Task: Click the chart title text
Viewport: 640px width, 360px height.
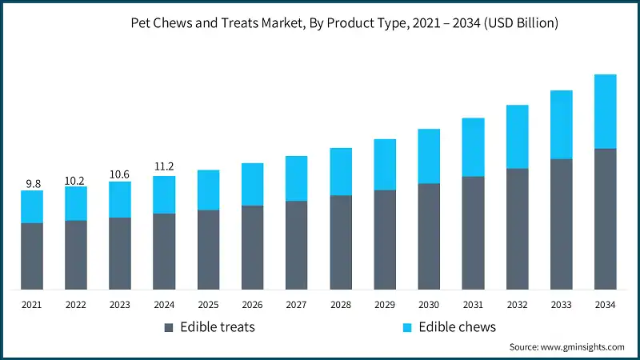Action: [x=344, y=24]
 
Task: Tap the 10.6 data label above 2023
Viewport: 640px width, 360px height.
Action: [x=120, y=174]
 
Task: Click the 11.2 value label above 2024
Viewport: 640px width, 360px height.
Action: [x=164, y=167]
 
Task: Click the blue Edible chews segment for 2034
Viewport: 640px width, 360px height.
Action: [x=605, y=111]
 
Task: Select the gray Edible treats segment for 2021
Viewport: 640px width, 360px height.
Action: [x=32, y=256]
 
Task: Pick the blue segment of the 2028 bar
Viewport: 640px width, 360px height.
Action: [x=341, y=171]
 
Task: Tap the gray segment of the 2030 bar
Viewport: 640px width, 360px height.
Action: [x=429, y=236]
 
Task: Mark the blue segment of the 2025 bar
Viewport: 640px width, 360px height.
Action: [x=208, y=190]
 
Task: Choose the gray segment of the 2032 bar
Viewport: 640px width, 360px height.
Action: [x=517, y=229]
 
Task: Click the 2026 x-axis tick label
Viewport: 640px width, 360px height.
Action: [x=252, y=305]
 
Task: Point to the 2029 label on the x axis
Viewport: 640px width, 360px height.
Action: [x=385, y=305]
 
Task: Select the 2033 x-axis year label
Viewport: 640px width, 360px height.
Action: [x=561, y=305]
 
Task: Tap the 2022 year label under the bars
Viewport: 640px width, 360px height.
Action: [x=76, y=305]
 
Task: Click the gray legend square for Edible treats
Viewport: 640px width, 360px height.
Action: [x=168, y=328]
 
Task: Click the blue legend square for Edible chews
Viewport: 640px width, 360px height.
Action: [x=406, y=328]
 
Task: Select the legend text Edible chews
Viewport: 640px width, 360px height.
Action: [x=458, y=327]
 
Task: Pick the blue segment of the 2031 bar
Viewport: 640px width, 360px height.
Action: [x=473, y=147]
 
